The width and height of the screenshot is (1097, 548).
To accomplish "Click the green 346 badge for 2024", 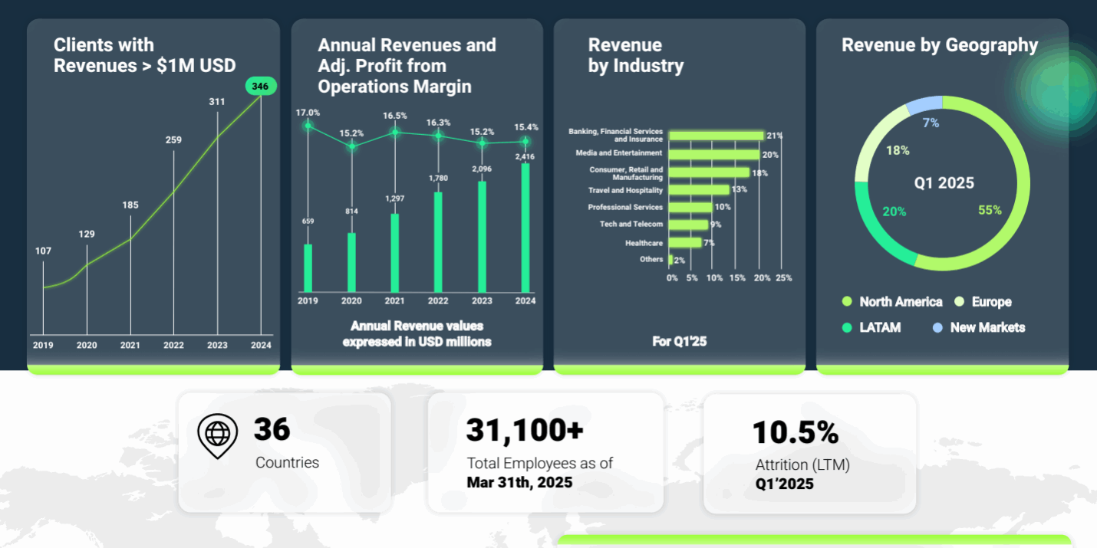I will point(261,87).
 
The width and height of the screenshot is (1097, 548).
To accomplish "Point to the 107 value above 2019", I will point(43,251).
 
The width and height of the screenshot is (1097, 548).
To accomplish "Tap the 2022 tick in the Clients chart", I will point(173,345).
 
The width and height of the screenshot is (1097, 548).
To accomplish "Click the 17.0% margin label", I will point(308,113).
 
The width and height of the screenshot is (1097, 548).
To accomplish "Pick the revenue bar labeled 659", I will point(308,267).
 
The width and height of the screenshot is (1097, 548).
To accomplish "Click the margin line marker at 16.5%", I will point(395,132).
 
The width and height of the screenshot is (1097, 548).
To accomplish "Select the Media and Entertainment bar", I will point(714,153).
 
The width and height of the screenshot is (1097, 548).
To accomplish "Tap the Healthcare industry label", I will point(644,242).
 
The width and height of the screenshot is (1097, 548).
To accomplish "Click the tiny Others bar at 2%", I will point(670,260).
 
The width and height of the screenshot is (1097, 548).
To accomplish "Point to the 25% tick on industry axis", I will point(783,278).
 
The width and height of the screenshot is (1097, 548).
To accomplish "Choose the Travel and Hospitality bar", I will point(699,189).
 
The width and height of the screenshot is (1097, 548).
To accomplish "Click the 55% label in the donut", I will point(990,210).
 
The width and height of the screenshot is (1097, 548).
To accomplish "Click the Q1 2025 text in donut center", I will point(944,183).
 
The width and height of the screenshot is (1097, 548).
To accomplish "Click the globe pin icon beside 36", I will point(217,435).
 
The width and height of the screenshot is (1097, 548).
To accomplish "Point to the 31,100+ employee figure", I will point(525,431).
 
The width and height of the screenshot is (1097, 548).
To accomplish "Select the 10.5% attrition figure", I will point(795,433).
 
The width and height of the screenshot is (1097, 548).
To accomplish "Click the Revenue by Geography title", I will point(939,45).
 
